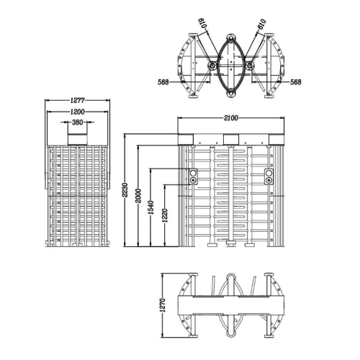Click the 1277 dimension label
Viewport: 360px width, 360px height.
point(77,100)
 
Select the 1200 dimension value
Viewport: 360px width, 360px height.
point(77,112)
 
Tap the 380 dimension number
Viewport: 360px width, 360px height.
point(77,122)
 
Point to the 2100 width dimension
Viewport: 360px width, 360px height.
point(231,118)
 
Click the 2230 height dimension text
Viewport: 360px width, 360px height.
point(125,190)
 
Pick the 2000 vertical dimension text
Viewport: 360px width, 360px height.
point(138,196)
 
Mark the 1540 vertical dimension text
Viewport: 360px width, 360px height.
point(150,207)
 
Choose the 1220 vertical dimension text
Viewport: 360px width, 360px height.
point(165,215)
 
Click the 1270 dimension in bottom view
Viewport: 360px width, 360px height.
point(163,305)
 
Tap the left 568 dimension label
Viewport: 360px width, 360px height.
point(163,82)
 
